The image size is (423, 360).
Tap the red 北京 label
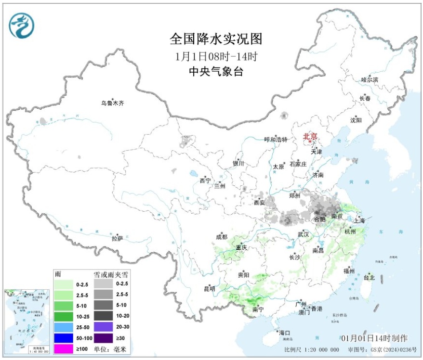pyautogui.click(x=310, y=137)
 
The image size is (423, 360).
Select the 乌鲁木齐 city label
pyautogui.click(x=112, y=103)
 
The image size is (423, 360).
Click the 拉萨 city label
pyautogui.click(x=117, y=238)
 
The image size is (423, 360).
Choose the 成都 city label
pyautogui.click(x=221, y=236)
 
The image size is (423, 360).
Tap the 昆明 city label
pyautogui.click(x=209, y=289)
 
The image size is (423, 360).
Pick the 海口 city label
pyautogui.click(x=285, y=333)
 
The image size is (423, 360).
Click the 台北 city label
pyautogui.click(x=369, y=278)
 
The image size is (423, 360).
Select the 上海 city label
pyautogui.click(x=359, y=220)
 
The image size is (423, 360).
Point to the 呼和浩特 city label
pyautogui.click(x=276, y=140)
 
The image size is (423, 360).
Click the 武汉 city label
pyautogui.click(x=303, y=234)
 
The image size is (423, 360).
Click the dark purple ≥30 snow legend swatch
pyautogui.click(x=104, y=337)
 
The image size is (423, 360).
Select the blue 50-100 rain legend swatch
pyautogui.click(x=64, y=337)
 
